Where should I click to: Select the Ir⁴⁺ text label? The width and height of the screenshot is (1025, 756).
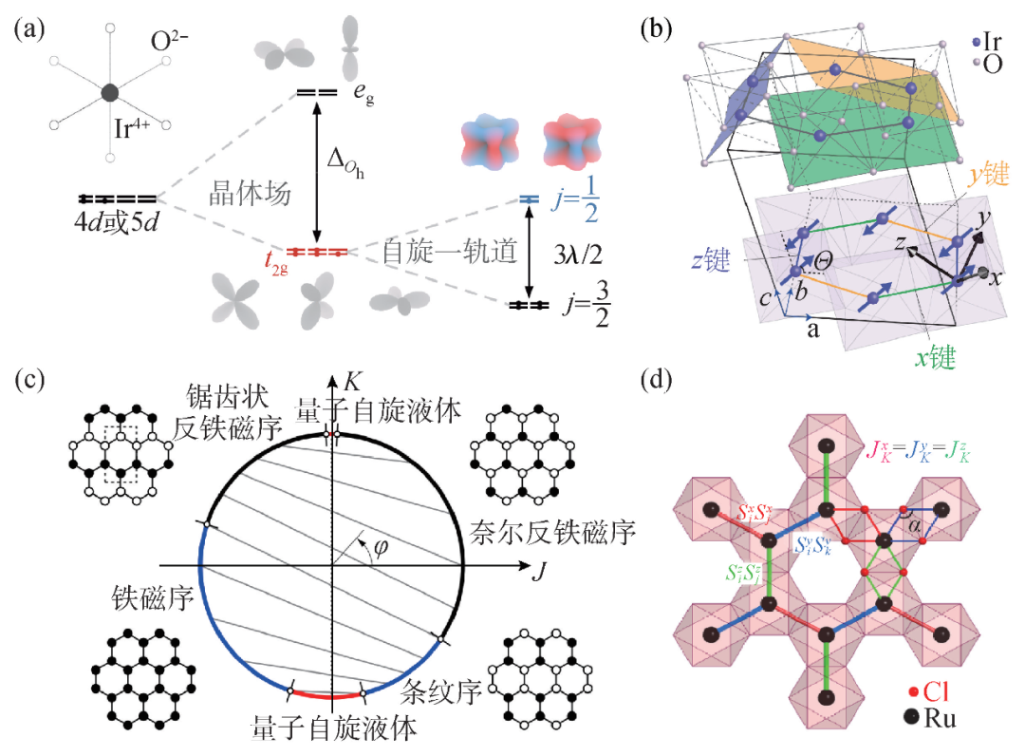(137, 129)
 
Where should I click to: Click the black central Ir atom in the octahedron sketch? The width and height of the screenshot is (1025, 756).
(110, 92)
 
